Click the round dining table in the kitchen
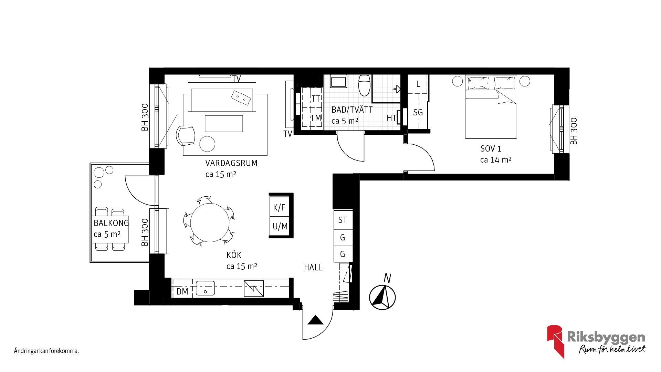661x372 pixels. [x=210, y=223]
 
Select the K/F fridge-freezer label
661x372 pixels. [x=279, y=207]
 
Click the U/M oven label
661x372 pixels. [x=280, y=226]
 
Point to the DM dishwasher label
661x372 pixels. [x=182, y=291]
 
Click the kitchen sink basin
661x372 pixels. [x=205, y=288]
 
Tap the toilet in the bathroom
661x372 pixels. [x=364, y=85]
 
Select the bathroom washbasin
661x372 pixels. [x=338, y=82]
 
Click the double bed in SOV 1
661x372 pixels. [x=491, y=107]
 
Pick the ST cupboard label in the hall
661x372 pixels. [x=343, y=220]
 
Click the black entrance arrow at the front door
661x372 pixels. [x=315, y=320]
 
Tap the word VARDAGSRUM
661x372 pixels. [x=231, y=163]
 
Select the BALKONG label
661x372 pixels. [x=111, y=223]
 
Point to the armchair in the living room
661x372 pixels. [x=186, y=135]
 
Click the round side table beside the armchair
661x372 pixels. [x=207, y=144]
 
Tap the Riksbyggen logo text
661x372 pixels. [x=606, y=337]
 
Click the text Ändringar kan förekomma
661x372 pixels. [x=46, y=351]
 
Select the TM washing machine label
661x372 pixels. [x=316, y=118]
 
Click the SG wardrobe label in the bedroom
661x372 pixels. [x=418, y=112]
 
